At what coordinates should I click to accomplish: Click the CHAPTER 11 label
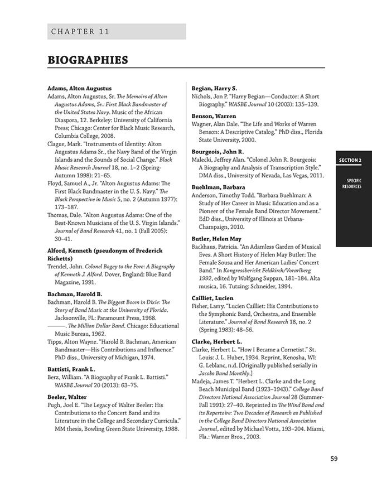point(80,31)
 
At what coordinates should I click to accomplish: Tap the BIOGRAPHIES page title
point(88,60)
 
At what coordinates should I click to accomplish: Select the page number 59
point(334,459)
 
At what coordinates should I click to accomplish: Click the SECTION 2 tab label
point(350,161)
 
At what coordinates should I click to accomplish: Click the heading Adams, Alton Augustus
point(79,88)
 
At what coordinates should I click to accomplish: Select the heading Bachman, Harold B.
point(75,294)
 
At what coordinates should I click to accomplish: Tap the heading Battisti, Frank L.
point(71,369)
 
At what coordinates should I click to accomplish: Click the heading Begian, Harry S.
point(214,88)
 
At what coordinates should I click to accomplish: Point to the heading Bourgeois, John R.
point(218,151)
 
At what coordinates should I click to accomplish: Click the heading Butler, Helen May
point(216,239)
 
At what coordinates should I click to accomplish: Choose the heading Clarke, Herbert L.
point(217,341)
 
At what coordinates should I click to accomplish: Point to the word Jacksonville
point(72,317)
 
